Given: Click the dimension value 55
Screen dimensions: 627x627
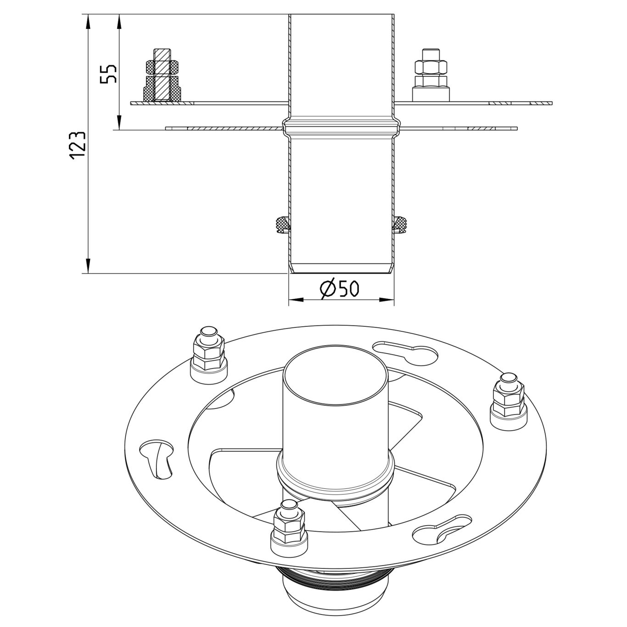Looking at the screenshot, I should pyautogui.click(x=109, y=73).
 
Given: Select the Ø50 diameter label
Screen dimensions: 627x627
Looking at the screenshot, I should pyautogui.click(x=340, y=289).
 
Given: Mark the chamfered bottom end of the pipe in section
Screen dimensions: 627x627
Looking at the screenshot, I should pyautogui.click(x=341, y=269).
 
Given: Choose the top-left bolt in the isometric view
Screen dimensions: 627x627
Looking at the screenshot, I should pyautogui.click(x=209, y=351).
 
